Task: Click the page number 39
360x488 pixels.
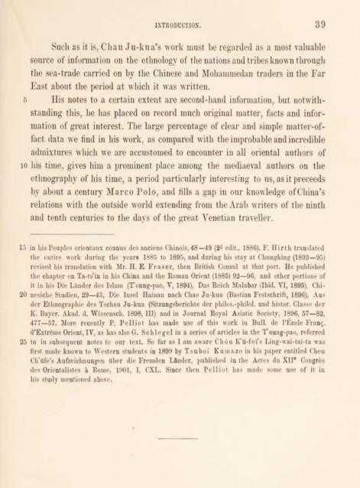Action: pyautogui.click(x=319, y=24)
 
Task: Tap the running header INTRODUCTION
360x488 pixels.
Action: pyautogui.click(x=180, y=25)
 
